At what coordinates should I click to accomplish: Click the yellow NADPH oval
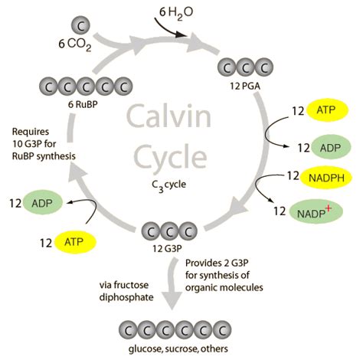click(323, 178)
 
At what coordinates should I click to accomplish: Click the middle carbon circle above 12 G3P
click(169, 232)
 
